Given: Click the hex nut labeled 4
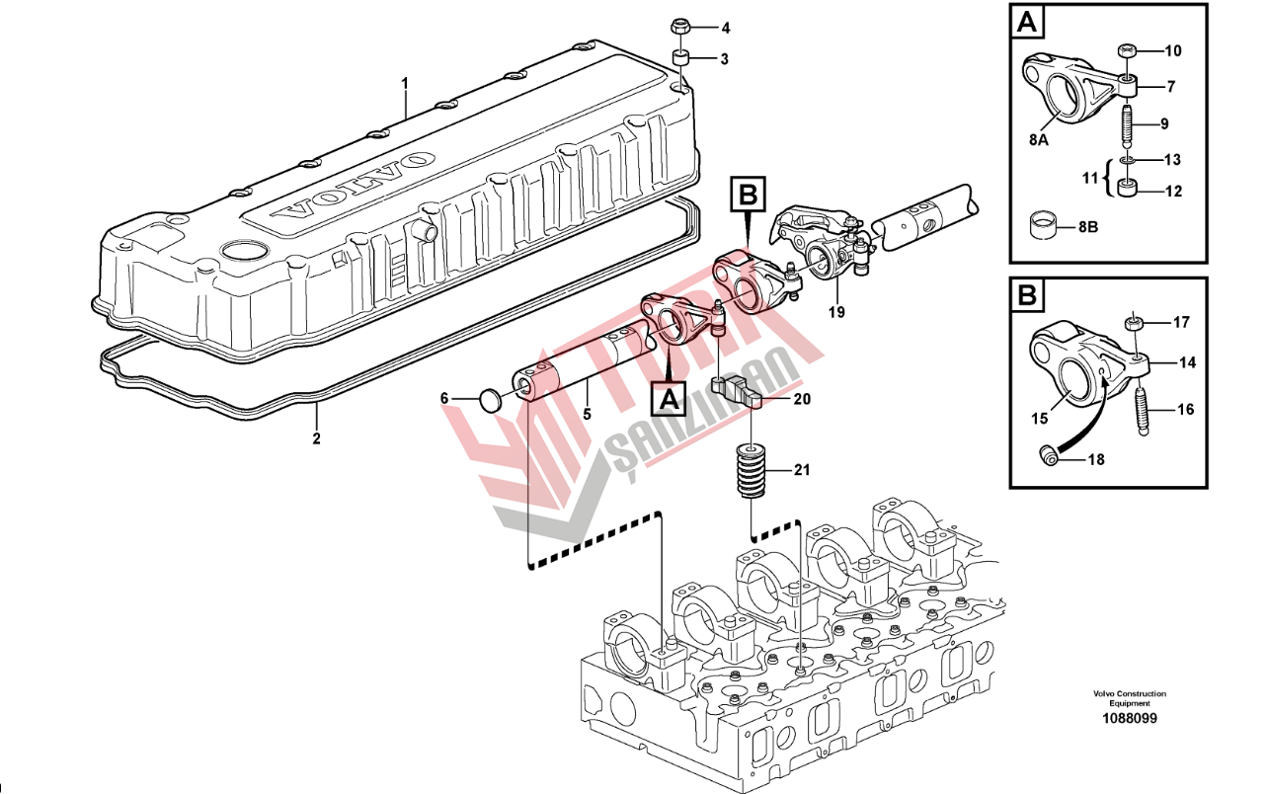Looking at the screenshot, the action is click(678, 27).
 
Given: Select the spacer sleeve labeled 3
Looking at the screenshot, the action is click(679, 58).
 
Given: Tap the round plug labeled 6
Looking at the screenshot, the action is click(489, 400).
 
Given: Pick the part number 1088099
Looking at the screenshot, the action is click(1130, 718).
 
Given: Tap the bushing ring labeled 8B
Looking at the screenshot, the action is click(1045, 225).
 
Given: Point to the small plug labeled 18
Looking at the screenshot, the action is click(1049, 455).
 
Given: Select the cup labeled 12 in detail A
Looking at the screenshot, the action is click(1127, 188).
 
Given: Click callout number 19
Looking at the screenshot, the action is click(836, 312).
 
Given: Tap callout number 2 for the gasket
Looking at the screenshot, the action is click(316, 438).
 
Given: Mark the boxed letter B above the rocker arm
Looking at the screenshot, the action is click(748, 196).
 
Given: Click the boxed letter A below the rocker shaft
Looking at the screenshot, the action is click(670, 400).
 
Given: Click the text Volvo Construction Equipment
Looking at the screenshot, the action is click(1130, 698).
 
